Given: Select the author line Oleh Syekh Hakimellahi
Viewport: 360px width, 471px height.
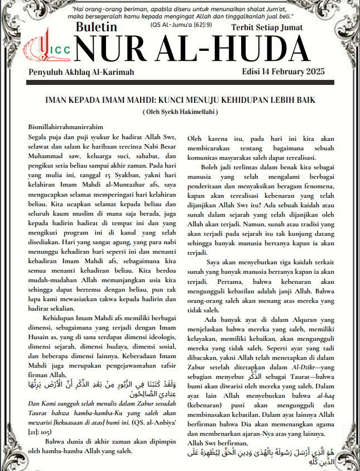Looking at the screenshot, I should tap(180, 112).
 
